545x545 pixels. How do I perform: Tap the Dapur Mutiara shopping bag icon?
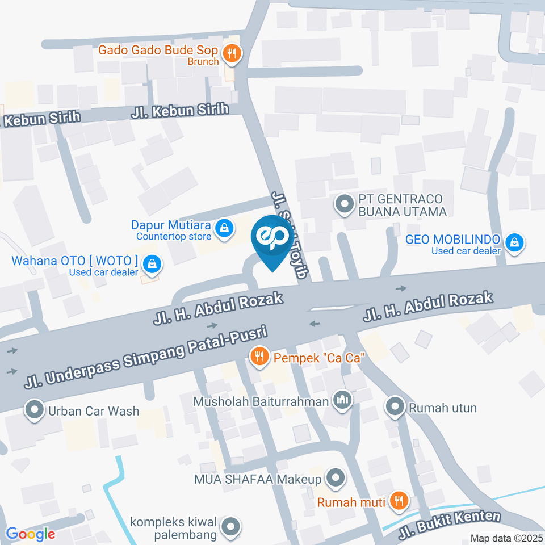[225, 228]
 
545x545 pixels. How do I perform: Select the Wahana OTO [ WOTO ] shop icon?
[152, 263]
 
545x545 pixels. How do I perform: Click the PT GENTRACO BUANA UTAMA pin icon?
[343, 204]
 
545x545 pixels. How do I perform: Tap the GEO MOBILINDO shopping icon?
[514, 242]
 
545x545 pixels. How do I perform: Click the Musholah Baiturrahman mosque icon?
[342, 400]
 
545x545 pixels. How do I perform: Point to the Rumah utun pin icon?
[394, 406]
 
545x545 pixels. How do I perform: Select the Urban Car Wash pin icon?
[35, 410]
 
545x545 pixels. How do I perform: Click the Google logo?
[30, 534]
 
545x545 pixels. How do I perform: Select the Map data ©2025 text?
[506, 538]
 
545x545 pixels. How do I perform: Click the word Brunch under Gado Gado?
[204, 62]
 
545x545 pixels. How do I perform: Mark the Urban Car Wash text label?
[94, 410]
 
